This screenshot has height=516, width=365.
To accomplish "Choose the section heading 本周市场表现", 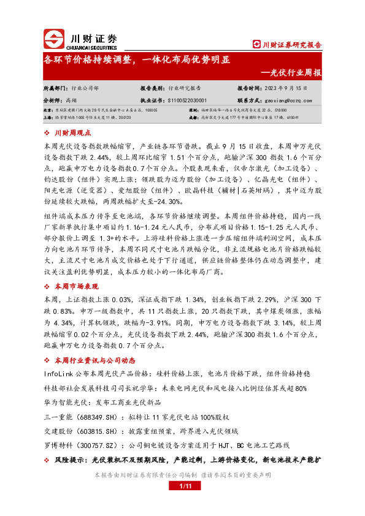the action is pyautogui.click(x=76, y=286).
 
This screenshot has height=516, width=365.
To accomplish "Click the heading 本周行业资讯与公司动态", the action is pyautogui.click(x=95, y=360).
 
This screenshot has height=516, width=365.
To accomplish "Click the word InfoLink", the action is pyautogui.click(x=58, y=373).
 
